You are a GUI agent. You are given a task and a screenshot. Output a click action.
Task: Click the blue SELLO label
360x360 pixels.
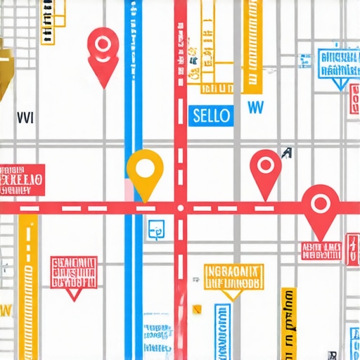(211, 115)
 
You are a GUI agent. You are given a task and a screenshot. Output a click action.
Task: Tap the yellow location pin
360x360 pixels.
(145, 169)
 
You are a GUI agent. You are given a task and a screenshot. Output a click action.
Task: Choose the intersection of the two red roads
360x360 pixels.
(181, 207)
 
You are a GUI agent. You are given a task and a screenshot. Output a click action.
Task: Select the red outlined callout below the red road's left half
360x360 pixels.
(74, 275)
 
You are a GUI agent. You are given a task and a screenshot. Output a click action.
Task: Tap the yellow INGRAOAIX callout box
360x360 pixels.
(233, 277)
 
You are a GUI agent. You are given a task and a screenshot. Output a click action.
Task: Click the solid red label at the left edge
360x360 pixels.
(22, 179)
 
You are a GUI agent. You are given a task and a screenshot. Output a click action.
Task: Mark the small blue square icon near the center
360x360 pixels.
(155, 228)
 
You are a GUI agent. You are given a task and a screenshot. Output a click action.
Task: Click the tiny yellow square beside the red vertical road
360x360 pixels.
(197, 307)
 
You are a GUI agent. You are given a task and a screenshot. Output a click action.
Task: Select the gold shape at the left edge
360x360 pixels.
(5, 67)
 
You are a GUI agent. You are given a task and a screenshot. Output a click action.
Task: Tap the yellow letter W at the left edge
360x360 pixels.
(6, 309)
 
